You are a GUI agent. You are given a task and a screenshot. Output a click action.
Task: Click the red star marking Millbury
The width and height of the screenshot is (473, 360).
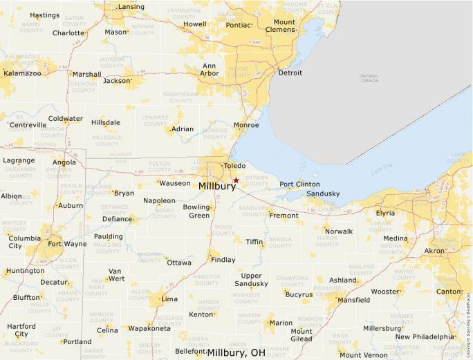[236, 180]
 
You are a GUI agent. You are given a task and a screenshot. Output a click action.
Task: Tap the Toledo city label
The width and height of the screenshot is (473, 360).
[235, 166]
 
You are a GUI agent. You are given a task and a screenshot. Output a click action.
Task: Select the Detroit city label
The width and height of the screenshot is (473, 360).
[290, 73]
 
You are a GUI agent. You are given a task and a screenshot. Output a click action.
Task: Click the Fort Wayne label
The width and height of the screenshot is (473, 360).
[67, 243]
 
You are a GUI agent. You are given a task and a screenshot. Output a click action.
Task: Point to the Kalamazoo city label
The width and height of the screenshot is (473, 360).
[23, 73]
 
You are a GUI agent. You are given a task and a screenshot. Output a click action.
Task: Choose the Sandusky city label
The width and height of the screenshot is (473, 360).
[323, 193]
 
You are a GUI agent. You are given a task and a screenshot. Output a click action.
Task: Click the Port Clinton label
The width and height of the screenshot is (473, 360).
[299, 184]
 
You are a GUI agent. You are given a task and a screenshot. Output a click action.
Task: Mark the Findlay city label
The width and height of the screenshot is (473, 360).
[223, 259]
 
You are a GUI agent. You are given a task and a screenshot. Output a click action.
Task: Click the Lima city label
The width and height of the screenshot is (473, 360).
[169, 299]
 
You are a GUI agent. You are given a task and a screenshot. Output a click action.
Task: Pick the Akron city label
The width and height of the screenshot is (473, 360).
[434, 251]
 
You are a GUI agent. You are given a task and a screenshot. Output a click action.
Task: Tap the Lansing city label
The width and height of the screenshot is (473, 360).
[131, 7]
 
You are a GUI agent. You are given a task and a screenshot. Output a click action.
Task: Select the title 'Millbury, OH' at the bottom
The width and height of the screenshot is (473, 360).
[236, 352]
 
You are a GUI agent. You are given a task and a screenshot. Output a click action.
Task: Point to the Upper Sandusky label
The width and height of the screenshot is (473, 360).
[250, 280]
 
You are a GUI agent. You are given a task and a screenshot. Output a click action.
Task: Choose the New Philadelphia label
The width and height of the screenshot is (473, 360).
[425, 337]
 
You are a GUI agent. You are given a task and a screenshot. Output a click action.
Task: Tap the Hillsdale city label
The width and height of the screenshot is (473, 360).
[105, 122]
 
